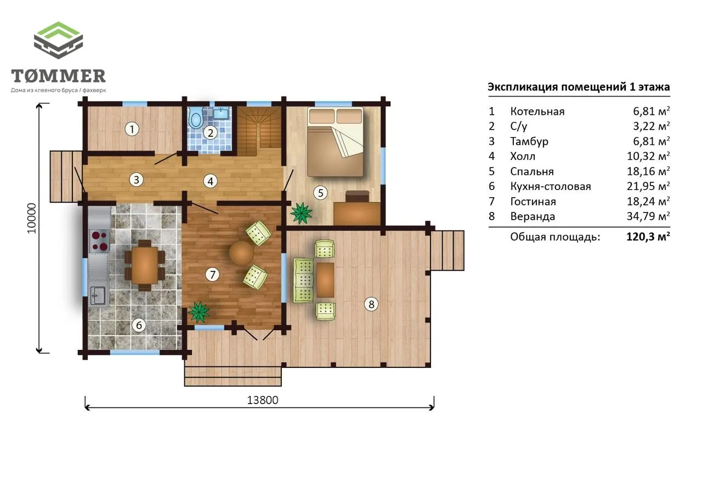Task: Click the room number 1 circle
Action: pos(132,129)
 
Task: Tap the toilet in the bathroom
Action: pos(196,118)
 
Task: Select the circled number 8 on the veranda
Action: pos(371,304)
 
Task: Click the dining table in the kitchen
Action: pos(145,265)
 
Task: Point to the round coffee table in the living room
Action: pos(241,253)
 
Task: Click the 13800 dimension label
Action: pos(263,400)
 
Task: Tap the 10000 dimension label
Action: pos(32,218)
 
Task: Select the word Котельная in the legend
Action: pos(537,111)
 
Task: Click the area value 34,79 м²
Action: pos(648,216)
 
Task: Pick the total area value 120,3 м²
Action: pos(648,236)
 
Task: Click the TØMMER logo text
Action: pos(58,76)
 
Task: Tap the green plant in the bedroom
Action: pos(301,214)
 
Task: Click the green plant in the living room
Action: pos(199,312)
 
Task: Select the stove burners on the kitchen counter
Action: pos(99,241)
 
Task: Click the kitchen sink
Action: pos(98,295)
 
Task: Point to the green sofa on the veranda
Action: pos(304,280)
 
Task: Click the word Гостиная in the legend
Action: pos(533,202)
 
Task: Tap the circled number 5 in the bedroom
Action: pos(320,192)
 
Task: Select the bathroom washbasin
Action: pos(222,113)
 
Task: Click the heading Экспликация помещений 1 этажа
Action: pos(579,87)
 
